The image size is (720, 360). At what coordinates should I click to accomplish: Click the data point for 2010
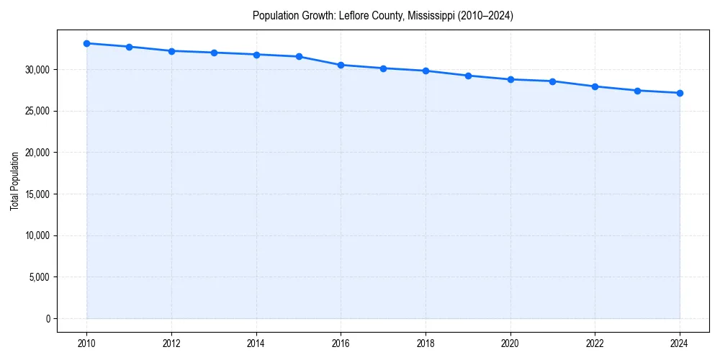[x=86, y=43]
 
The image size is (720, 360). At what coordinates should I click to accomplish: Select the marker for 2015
[x=298, y=56]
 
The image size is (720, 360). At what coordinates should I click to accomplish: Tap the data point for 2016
[x=341, y=65]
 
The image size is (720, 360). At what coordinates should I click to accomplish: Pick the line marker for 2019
[x=468, y=76]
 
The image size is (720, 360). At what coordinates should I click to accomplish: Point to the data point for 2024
[x=680, y=93]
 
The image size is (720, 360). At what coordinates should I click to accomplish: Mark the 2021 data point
[x=552, y=81]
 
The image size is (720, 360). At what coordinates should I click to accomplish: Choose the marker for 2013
[x=214, y=53]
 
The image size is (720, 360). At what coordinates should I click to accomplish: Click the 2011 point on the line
[x=129, y=47]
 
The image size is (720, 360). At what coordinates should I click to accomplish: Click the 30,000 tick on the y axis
[x=36, y=70]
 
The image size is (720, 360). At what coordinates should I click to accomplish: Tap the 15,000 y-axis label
[x=36, y=194]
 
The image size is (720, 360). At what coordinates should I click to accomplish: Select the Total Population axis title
[x=14, y=181]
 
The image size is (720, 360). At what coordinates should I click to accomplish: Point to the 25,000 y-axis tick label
[x=36, y=112]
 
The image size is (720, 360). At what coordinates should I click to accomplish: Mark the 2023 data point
[x=637, y=91]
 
